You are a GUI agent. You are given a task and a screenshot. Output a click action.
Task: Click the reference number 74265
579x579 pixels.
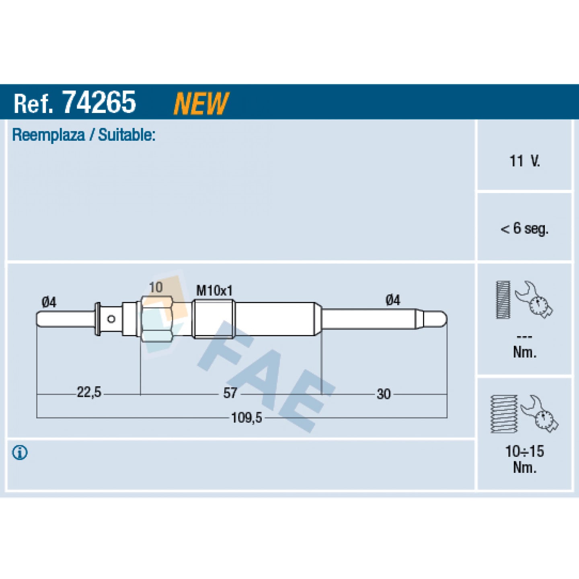pos(99,102)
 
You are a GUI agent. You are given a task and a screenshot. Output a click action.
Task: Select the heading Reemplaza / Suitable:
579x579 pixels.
pos(84,135)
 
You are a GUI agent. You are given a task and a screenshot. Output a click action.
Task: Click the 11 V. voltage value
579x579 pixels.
pos(525,161)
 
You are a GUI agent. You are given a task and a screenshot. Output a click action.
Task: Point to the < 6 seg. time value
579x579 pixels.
pos(524,229)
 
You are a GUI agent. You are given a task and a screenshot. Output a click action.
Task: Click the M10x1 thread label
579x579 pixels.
pos(214,291)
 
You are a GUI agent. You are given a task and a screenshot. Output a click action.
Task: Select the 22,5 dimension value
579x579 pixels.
pos(89,392)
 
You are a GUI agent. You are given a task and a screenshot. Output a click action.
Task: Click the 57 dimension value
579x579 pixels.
pos(230,393)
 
